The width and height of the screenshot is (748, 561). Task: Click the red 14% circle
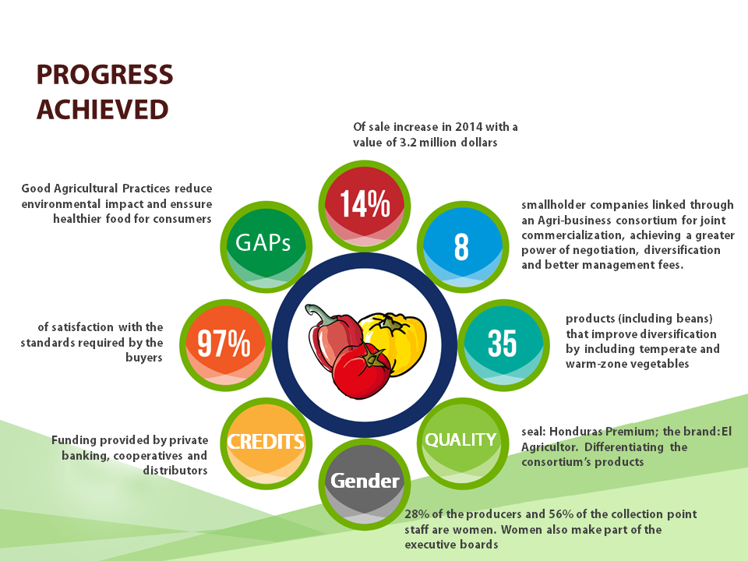[x=365, y=206]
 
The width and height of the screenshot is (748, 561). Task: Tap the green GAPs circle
[x=266, y=247]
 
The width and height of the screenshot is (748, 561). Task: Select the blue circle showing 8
[x=463, y=247]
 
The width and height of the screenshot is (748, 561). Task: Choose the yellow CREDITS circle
[x=266, y=443]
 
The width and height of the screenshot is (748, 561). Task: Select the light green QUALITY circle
[x=463, y=443]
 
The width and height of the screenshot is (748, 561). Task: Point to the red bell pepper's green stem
[x=318, y=315]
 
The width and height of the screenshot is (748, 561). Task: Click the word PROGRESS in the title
[x=105, y=75]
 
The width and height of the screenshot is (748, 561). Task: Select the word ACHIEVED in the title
[x=103, y=110]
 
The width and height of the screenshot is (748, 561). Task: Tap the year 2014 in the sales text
[x=468, y=127]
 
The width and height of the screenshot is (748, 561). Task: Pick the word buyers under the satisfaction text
[x=144, y=358]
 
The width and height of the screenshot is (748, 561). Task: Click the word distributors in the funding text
[x=175, y=471]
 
